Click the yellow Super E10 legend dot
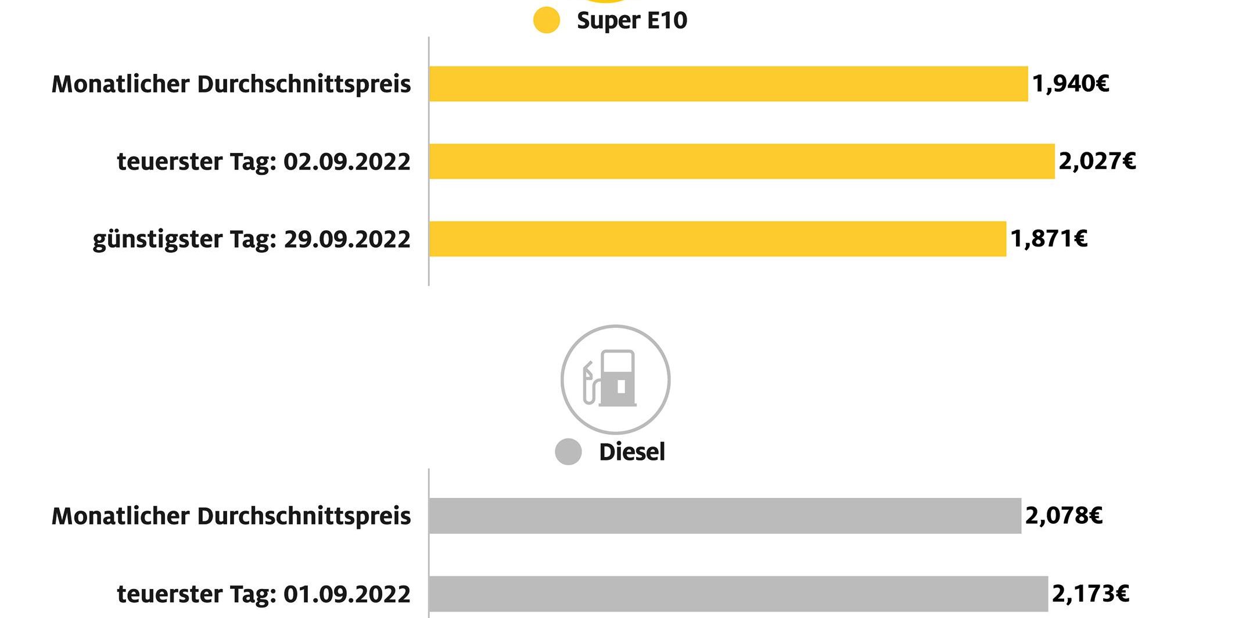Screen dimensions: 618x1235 [x=546, y=20]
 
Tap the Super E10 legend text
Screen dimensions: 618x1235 [x=631, y=20]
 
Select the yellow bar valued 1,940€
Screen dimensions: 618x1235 [x=728, y=84]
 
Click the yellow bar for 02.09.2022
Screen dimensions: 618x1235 [x=741, y=161]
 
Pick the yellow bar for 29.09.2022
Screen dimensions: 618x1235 [x=717, y=239]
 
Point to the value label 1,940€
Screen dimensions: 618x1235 [x=1070, y=84]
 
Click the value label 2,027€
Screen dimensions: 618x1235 [x=1097, y=161]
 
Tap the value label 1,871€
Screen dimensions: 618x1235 [x=1049, y=239]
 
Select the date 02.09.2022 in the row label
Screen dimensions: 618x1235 [x=347, y=162]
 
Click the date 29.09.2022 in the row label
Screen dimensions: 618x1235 [x=347, y=240]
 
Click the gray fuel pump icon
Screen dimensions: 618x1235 [x=615, y=380]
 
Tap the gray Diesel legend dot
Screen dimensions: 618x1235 [x=568, y=452]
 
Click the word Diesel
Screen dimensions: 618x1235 [x=631, y=452]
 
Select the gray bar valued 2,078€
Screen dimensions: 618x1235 [x=724, y=516]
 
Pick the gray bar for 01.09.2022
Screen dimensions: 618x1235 [x=738, y=594]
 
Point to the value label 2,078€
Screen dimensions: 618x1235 [x=1063, y=516]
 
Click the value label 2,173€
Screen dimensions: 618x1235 [x=1090, y=594]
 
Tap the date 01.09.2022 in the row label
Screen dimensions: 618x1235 [x=347, y=594]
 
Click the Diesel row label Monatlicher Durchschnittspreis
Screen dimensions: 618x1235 [x=231, y=516]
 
